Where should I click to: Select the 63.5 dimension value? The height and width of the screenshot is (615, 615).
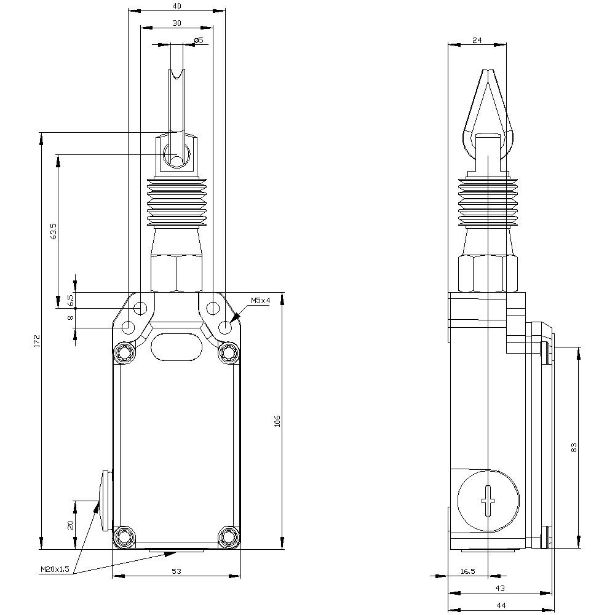pyautogui.click(x=53, y=231)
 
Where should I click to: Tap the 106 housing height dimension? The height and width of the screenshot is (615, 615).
pyautogui.click(x=277, y=421)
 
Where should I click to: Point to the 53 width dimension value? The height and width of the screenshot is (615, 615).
pyautogui.click(x=177, y=571)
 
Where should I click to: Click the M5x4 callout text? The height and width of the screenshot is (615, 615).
pyautogui.click(x=260, y=301)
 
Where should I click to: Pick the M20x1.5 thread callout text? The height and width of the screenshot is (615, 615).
pyautogui.click(x=55, y=570)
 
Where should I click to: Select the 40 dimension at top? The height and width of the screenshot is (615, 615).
pyautogui.click(x=177, y=6)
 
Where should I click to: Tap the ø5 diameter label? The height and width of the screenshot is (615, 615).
pyautogui.click(x=198, y=41)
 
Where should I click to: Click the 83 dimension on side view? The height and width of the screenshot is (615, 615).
pyautogui.click(x=574, y=447)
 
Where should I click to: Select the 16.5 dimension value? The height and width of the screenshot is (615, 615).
pyautogui.click(x=467, y=571)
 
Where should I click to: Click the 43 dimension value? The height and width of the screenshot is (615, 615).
pyautogui.click(x=499, y=589)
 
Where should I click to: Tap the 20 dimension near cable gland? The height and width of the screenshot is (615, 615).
pyautogui.click(x=70, y=525)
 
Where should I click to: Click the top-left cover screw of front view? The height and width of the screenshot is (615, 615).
pyautogui.click(x=126, y=352)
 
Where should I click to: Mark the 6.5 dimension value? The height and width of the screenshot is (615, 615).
pyautogui.click(x=70, y=300)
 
